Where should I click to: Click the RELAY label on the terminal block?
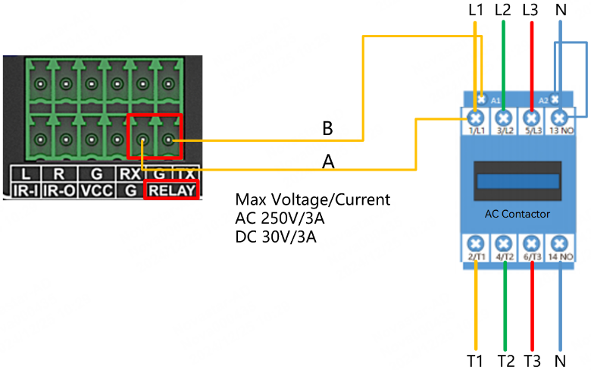(x=173, y=190)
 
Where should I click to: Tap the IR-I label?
(x=26, y=190)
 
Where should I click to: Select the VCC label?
(x=96, y=190)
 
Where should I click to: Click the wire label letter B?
(x=327, y=129)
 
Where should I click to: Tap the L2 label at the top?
(x=503, y=11)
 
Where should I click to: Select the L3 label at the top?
(x=531, y=11)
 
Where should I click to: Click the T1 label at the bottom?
(x=475, y=359)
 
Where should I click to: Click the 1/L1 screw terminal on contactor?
(x=476, y=118)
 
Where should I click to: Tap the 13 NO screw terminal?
(x=559, y=118)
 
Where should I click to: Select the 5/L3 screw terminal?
(x=531, y=118)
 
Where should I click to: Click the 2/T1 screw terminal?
(x=476, y=244)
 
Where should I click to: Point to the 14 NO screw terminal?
(x=559, y=244)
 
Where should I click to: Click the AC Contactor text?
(x=518, y=214)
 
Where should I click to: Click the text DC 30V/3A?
(x=276, y=237)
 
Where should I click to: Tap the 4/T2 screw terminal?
(x=504, y=244)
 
